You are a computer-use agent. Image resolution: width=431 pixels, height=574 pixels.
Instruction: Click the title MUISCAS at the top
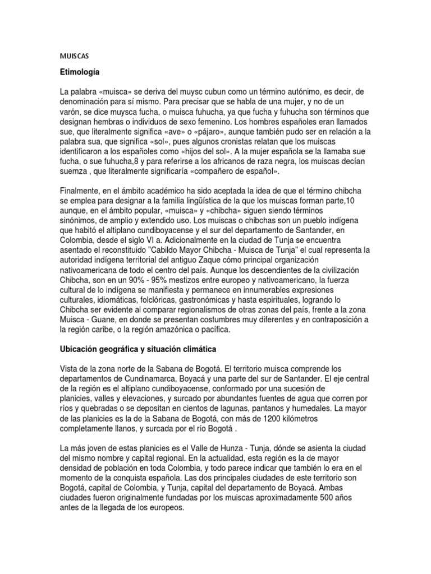coord(74,56)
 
